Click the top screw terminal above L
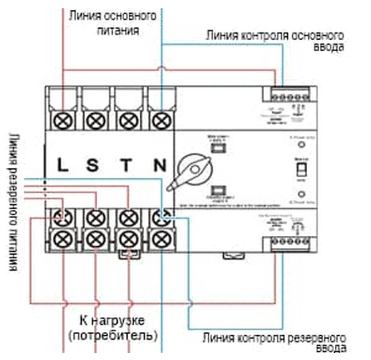click(62, 120)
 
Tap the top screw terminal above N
click(161, 120)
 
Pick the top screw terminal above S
click(94, 120)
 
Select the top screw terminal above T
click(127, 120)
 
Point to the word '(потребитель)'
click(113, 334)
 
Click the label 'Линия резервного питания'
click(13, 201)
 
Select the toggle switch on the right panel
click(300, 171)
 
